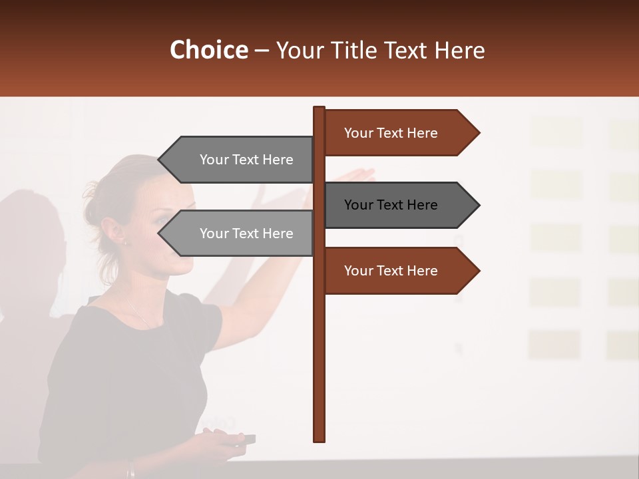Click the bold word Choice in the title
208,51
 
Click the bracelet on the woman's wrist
131,470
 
